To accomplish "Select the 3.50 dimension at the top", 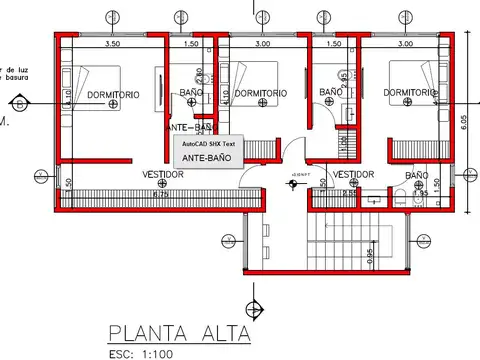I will [x=113, y=45].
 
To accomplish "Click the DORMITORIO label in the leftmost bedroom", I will [x=113, y=95].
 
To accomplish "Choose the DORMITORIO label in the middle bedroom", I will [x=260, y=93].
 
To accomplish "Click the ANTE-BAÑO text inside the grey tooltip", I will [x=208, y=158].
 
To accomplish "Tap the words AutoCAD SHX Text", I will [x=208, y=144].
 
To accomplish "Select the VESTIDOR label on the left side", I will [x=162, y=174].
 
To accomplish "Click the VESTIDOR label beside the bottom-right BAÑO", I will [x=353, y=174].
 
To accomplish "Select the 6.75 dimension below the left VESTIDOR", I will [x=159, y=194].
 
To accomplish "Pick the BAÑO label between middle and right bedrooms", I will [x=331, y=93].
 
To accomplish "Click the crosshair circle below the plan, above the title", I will [x=257, y=308].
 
